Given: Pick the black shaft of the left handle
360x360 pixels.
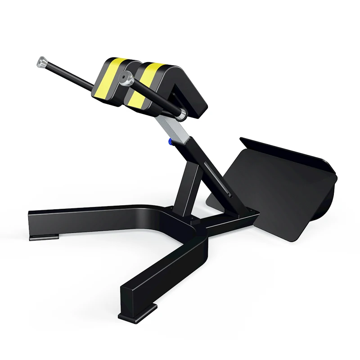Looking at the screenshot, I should tap(72, 74).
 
